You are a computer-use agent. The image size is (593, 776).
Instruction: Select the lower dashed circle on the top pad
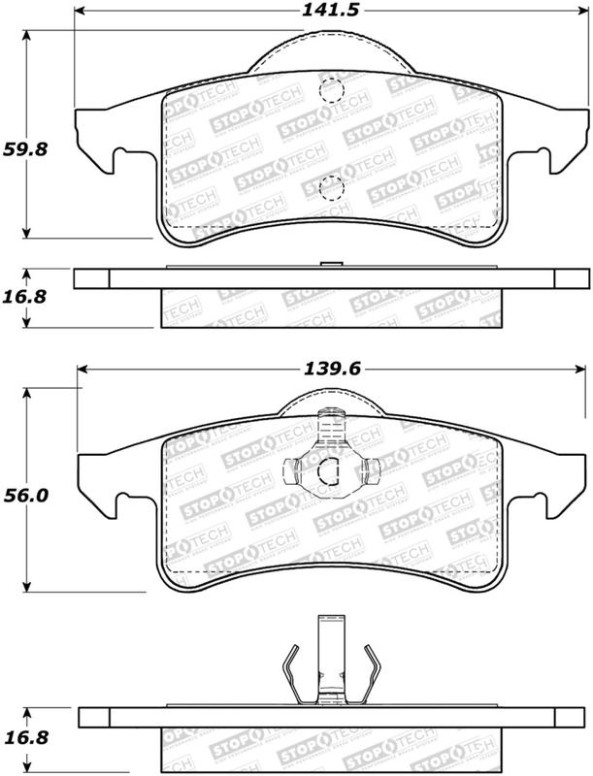click(x=330, y=186)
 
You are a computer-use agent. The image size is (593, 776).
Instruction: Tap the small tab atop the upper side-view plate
click(x=330, y=264)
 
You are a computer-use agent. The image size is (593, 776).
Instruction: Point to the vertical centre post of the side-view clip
click(x=330, y=660)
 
